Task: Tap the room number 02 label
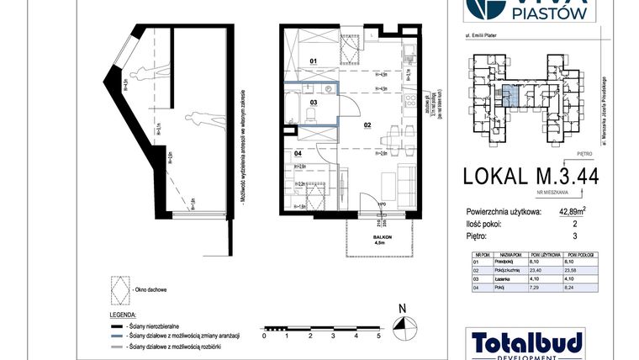point(367,124)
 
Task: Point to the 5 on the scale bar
point(379,335)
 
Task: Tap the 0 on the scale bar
point(264,335)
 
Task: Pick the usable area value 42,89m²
point(578,211)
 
